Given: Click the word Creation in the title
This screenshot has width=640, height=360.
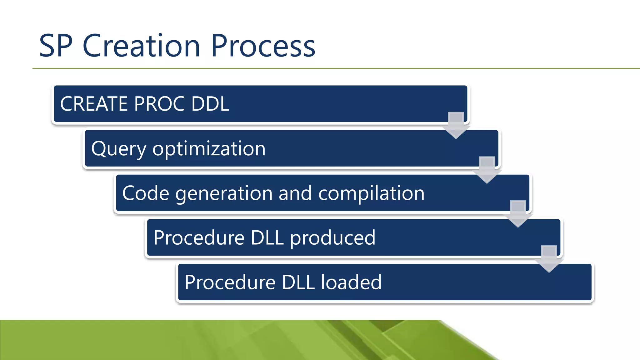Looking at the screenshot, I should pos(141,46).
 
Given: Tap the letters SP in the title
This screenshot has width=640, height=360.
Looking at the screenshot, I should pos(56,46).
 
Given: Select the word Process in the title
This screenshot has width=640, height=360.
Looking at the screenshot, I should pos(263,46).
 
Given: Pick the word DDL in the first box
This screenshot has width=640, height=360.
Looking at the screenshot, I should pos(210,104).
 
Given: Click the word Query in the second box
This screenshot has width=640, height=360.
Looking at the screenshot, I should pos(118,149).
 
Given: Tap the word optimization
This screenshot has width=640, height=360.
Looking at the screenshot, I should pos(209,149).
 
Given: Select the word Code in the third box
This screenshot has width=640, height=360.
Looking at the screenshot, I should pos(146,193).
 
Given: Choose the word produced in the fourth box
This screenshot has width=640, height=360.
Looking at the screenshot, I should pos(332,238).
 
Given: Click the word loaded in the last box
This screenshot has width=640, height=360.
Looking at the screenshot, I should pos(351,282).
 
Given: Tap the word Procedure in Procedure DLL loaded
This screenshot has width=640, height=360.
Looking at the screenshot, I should pos(230,282).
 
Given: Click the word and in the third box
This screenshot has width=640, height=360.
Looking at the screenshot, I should pos(295,193).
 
